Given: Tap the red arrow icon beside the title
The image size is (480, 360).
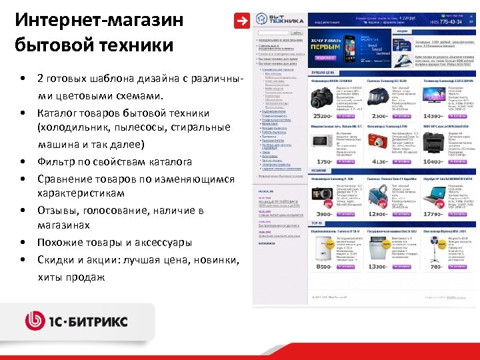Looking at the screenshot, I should coord(239,21).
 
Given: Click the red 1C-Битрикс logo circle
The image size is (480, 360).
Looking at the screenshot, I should coord(35,321).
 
